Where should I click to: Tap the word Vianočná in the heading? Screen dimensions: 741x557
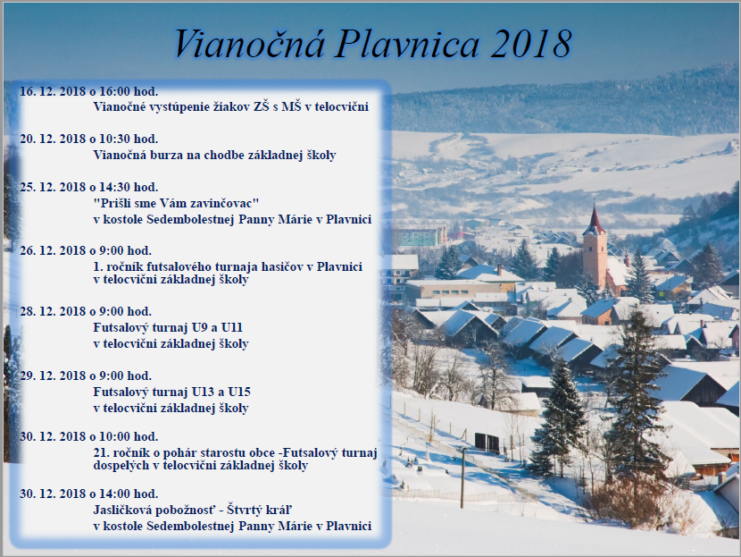[249, 44]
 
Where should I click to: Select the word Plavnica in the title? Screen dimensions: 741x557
[407, 44]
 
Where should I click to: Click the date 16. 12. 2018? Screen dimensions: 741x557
[53, 91]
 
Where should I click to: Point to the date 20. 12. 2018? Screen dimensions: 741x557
[53, 139]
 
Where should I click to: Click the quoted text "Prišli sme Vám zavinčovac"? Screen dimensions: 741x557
[176, 204]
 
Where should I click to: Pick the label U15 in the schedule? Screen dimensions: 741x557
[239, 392]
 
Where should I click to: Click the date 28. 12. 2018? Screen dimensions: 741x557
[53, 312]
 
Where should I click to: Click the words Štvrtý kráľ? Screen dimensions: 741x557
[260, 511]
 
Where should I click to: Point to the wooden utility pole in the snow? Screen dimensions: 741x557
[462, 477]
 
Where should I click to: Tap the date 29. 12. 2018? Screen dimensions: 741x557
[53, 376]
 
